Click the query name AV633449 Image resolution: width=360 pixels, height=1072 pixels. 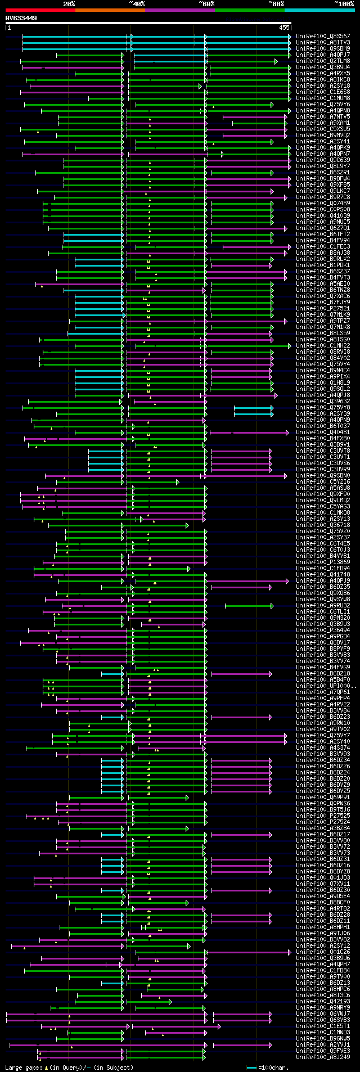(x=21, y=18)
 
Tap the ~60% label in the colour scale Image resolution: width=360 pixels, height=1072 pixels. (x=206, y=4)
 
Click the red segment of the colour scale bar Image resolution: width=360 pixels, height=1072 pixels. (x=40, y=10)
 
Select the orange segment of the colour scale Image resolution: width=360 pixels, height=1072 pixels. (x=110, y=10)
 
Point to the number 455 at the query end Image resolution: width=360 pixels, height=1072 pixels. (x=284, y=28)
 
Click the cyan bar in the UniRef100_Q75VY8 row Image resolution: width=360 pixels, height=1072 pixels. (x=253, y=408)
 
